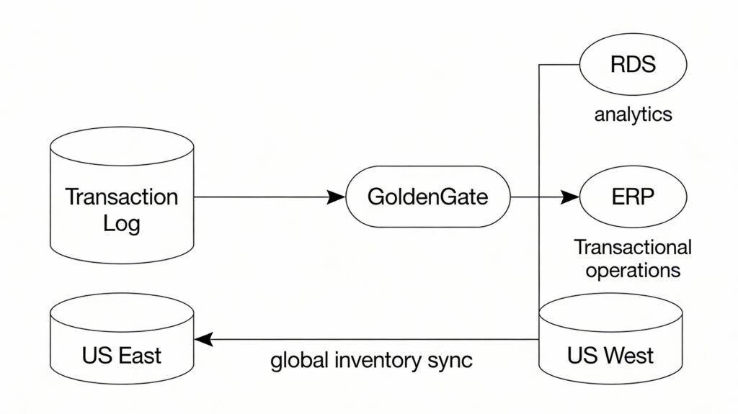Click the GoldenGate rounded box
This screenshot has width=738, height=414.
pyautogui.click(x=428, y=197)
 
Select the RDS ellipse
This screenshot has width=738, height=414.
pyautogui.click(x=633, y=65)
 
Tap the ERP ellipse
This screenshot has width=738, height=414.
pyautogui.click(x=633, y=197)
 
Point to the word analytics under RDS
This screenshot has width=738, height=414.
pyautogui.click(x=633, y=114)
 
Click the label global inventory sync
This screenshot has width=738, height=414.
pyautogui.click(x=371, y=360)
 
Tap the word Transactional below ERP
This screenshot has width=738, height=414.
pyautogui.click(x=633, y=248)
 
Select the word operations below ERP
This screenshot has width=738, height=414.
pyautogui.click(x=633, y=271)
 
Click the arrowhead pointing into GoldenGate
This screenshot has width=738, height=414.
pyautogui.click(x=335, y=197)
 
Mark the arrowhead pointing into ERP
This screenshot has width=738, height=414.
pyautogui.click(x=571, y=197)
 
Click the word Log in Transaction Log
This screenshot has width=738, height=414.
pyautogui.click(x=122, y=222)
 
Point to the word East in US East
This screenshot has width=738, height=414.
pyautogui.click(x=138, y=355)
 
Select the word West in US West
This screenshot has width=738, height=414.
pyautogui.click(x=628, y=355)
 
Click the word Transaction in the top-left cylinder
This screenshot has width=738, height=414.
pyautogui.click(x=122, y=197)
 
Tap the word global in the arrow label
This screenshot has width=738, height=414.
pyautogui.click(x=297, y=360)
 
